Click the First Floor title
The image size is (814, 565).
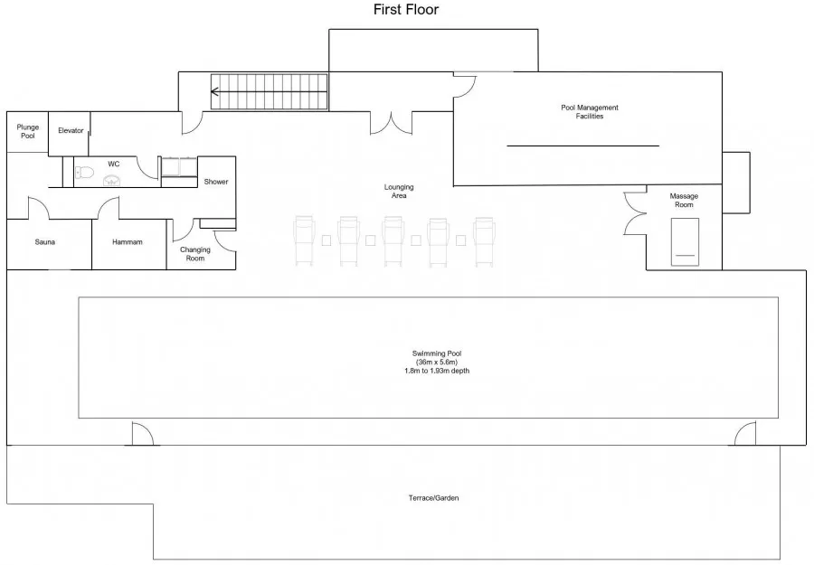(x=406, y=9)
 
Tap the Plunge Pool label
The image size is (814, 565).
(x=27, y=131)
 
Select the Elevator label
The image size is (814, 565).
(x=71, y=131)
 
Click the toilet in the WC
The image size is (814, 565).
(x=83, y=172)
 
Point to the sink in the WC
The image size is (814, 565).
(x=112, y=180)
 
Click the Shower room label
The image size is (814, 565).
(x=216, y=182)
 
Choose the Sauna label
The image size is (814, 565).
(x=44, y=241)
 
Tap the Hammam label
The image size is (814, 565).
(x=128, y=241)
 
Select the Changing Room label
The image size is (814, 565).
(x=195, y=254)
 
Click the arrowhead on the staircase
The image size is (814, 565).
(x=214, y=92)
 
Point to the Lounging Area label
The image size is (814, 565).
(x=399, y=191)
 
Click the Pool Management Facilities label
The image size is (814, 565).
(x=590, y=111)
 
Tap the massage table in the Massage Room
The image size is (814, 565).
(x=685, y=241)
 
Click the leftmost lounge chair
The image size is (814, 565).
(x=304, y=241)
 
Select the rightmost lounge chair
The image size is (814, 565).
(x=484, y=241)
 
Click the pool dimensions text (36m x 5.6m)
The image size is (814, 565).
(x=437, y=363)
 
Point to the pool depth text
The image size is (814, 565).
(x=437, y=371)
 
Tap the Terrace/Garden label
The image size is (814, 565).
(x=433, y=498)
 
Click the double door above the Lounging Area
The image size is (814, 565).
(x=391, y=123)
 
